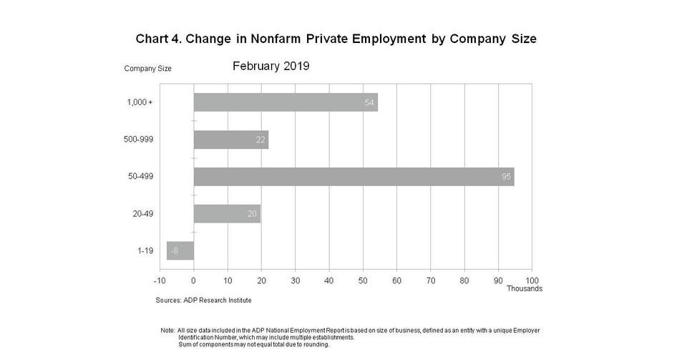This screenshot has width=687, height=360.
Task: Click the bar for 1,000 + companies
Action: [286, 102]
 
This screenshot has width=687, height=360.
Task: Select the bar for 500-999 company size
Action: [230, 140]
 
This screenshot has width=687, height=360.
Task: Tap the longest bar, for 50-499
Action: [354, 177]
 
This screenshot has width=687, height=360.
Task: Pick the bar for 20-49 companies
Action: [227, 213]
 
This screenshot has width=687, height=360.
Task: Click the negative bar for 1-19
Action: [180, 250]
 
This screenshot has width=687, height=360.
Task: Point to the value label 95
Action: [506, 177]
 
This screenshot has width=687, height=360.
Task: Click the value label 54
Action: [369, 102]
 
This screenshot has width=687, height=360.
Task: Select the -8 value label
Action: [174, 250]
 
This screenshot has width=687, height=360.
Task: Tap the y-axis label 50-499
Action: [140, 177]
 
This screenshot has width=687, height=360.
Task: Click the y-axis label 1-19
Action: [145, 250]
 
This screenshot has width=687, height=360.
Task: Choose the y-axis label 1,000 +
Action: [139, 102]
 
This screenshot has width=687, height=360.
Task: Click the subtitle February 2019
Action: [271, 67]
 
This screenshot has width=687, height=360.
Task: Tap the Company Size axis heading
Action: [147, 69]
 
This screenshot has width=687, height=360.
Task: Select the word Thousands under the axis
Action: [524, 288]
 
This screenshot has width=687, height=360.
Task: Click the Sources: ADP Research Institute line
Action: [203, 300]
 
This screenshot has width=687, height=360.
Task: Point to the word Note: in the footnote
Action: [168, 330]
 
